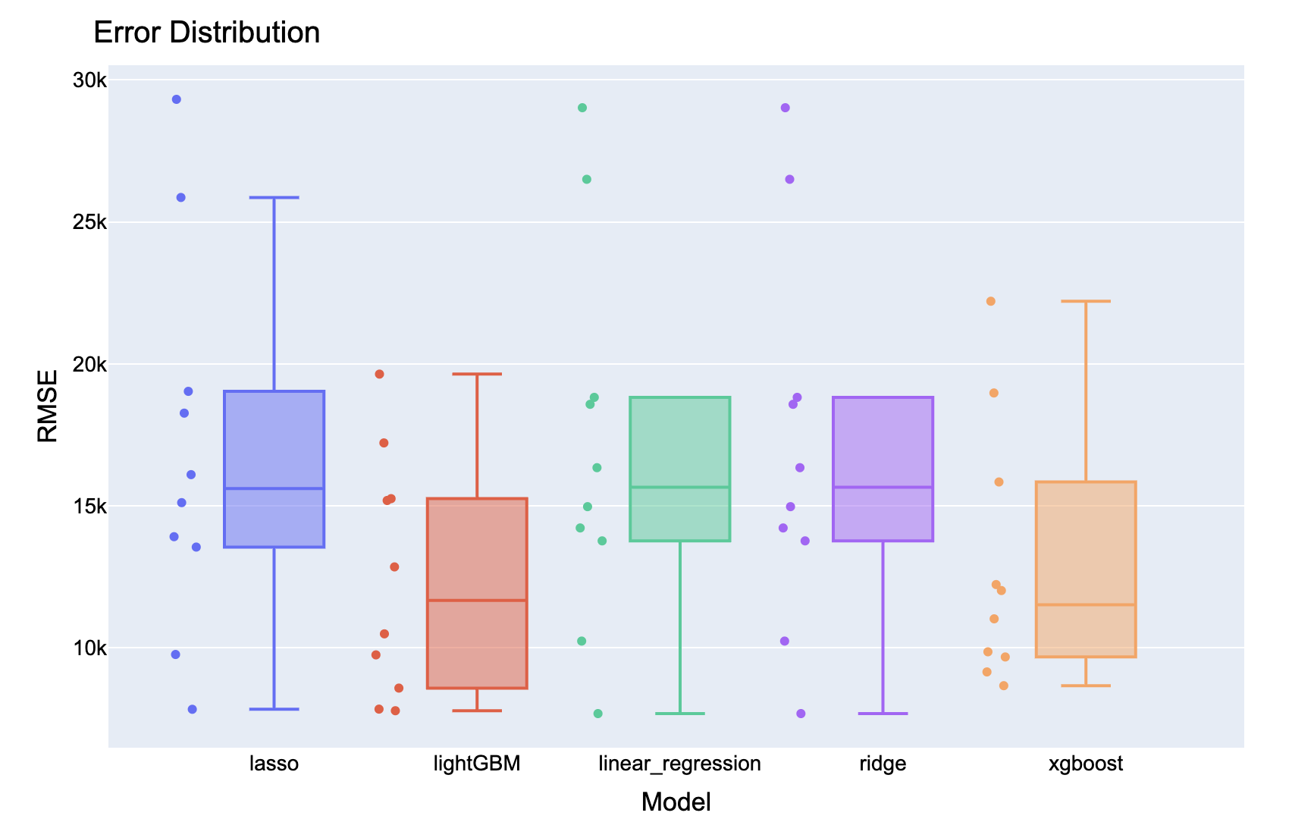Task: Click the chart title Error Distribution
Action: pos(206,33)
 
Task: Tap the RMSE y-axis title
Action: pos(47,406)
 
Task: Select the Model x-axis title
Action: pos(676,802)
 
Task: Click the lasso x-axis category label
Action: pos(274,763)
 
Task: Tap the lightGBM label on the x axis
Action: pos(477,763)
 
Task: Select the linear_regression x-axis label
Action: pos(679,763)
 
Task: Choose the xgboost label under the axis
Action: pos(1085,763)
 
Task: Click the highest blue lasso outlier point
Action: pos(177,99)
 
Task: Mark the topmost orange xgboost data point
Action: pos(990,301)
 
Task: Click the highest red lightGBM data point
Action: pos(380,374)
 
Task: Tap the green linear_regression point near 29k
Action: pos(582,108)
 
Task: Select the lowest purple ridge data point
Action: pos(801,714)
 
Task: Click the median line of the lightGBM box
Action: pos(477,601)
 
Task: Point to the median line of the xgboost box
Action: pos(1085,604)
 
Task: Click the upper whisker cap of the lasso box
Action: pos(274,197)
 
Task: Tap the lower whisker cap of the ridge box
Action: pos(883,714)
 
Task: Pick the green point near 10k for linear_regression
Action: pos(582,641)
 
